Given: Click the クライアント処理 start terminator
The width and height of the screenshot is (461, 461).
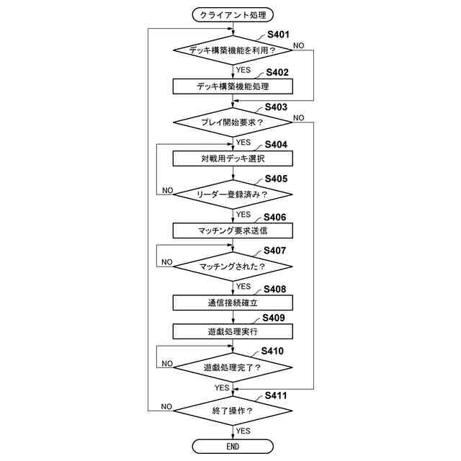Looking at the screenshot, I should [233, 14].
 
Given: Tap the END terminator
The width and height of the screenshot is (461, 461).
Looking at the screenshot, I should [233, 447].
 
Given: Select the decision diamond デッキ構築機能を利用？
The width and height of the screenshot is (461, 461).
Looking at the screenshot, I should [233, 50].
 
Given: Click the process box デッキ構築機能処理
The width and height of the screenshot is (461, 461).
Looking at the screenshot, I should [233, 86].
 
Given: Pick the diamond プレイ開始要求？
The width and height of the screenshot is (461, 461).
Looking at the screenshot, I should [233, 122].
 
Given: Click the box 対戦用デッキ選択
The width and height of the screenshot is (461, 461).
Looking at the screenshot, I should [233, 158].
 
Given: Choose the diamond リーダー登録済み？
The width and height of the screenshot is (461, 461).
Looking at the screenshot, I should [233, 194].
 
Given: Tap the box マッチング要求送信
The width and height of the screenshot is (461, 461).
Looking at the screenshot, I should [233, 230].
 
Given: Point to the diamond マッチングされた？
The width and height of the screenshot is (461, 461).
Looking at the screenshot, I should [233, 267].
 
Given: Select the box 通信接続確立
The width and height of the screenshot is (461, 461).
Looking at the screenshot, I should [233, 303].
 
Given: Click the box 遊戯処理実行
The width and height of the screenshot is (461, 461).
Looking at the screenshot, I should [233, 331].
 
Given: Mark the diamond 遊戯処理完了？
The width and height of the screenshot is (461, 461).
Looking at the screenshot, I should [233, 367].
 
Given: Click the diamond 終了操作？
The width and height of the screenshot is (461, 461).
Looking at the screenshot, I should [233, 411].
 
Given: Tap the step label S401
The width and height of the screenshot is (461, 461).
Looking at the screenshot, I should [278, 35].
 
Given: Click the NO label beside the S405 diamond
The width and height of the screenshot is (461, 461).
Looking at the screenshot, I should [167, 190].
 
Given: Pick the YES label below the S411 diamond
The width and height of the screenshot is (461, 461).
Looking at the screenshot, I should [243, 430].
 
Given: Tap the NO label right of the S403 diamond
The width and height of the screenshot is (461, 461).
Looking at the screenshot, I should [298, 117].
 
